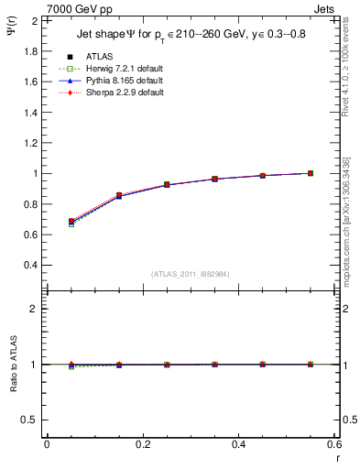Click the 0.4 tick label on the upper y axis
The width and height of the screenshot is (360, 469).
point(29,266)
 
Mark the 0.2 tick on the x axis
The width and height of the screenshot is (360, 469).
point(142,444)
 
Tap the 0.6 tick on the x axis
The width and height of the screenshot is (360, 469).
point(333,444)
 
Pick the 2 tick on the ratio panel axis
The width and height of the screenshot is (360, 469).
point(33,309)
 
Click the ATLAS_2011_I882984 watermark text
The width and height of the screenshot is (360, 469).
point(191,274)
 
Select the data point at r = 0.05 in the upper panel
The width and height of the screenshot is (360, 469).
point(71,222)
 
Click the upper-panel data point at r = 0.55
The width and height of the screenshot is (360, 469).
point(310,173)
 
